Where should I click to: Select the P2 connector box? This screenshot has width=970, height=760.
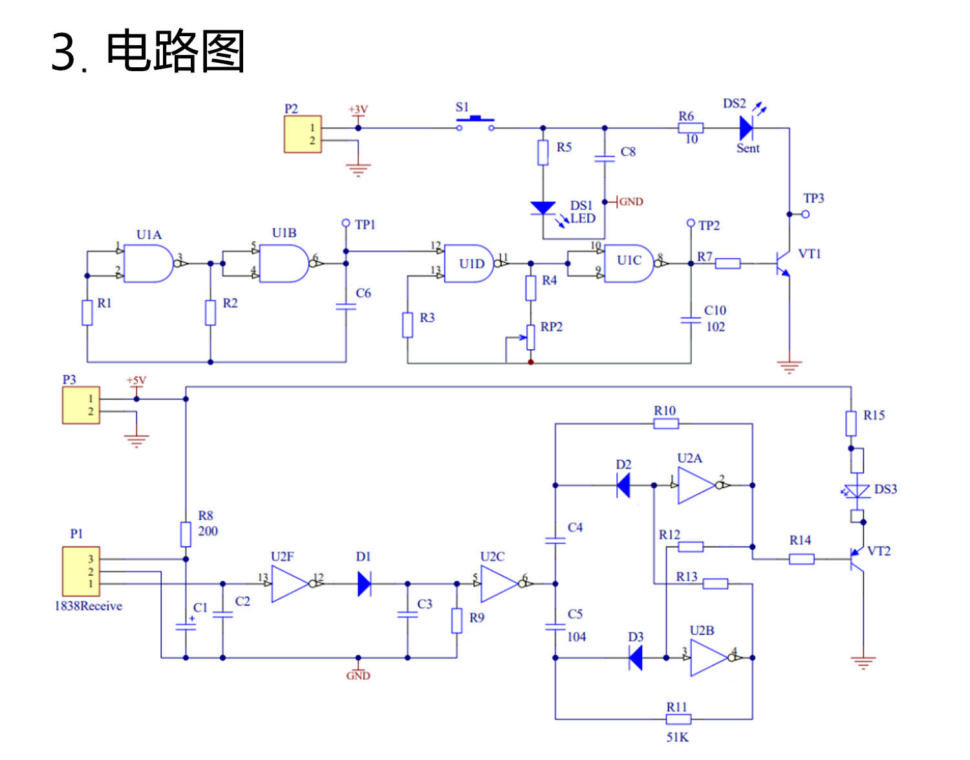click(303, 134)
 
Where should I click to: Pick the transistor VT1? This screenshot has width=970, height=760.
click(782, 264)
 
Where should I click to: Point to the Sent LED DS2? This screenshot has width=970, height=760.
click(746, 129)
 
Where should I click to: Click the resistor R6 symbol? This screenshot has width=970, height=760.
click(691, 128)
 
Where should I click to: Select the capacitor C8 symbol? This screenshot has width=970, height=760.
click(605, 157)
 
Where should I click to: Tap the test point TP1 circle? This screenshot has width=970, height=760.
click(346, 223)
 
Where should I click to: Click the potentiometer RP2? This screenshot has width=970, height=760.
click(530, 336)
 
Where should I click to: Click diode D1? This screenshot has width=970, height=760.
click(364, 584)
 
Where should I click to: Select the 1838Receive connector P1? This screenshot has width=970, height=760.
click(81, 571)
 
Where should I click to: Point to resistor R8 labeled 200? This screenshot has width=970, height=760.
click(186, 534)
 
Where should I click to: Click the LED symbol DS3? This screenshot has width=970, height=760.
click(857, 492)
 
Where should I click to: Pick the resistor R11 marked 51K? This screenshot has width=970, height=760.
click(678, 719)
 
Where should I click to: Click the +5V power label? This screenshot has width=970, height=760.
click(136, 380)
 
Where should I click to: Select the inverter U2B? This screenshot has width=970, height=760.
click(709, 658)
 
